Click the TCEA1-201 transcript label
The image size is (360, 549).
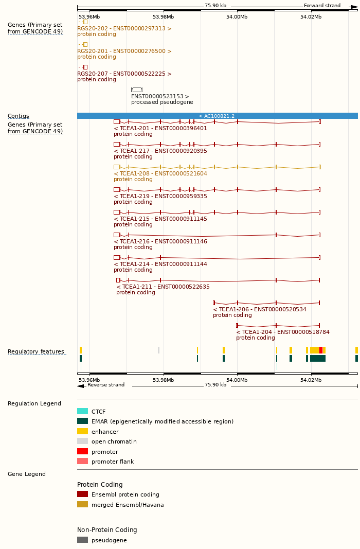pos(160,128)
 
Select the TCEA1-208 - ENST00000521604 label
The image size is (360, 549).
pos(160,173)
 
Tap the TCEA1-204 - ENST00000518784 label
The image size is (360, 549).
pos(283,332)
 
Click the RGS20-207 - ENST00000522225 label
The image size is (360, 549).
pos(124,74)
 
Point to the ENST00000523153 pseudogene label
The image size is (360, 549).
pos(160,96)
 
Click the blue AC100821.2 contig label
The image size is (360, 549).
pos(217,116)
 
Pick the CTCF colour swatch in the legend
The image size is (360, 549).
pos(82,411)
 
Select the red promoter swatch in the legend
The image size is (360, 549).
pos(82,451)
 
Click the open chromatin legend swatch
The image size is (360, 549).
pos(82,441)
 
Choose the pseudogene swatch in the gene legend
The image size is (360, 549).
pos(82,540)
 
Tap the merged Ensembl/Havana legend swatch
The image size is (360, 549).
pos(82,504)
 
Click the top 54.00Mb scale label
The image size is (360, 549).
pos(237,16)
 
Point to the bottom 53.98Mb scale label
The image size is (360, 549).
pos(164,380)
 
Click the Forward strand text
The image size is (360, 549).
pos(322,6)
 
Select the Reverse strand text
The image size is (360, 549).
pos(105,385)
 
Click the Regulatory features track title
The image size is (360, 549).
pos(36,352)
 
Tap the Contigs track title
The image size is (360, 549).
pos(19,116)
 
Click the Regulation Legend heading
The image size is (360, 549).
pos(34,403)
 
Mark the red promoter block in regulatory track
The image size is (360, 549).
pos(321,350)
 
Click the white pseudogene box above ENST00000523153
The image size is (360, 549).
pos(137,90)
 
